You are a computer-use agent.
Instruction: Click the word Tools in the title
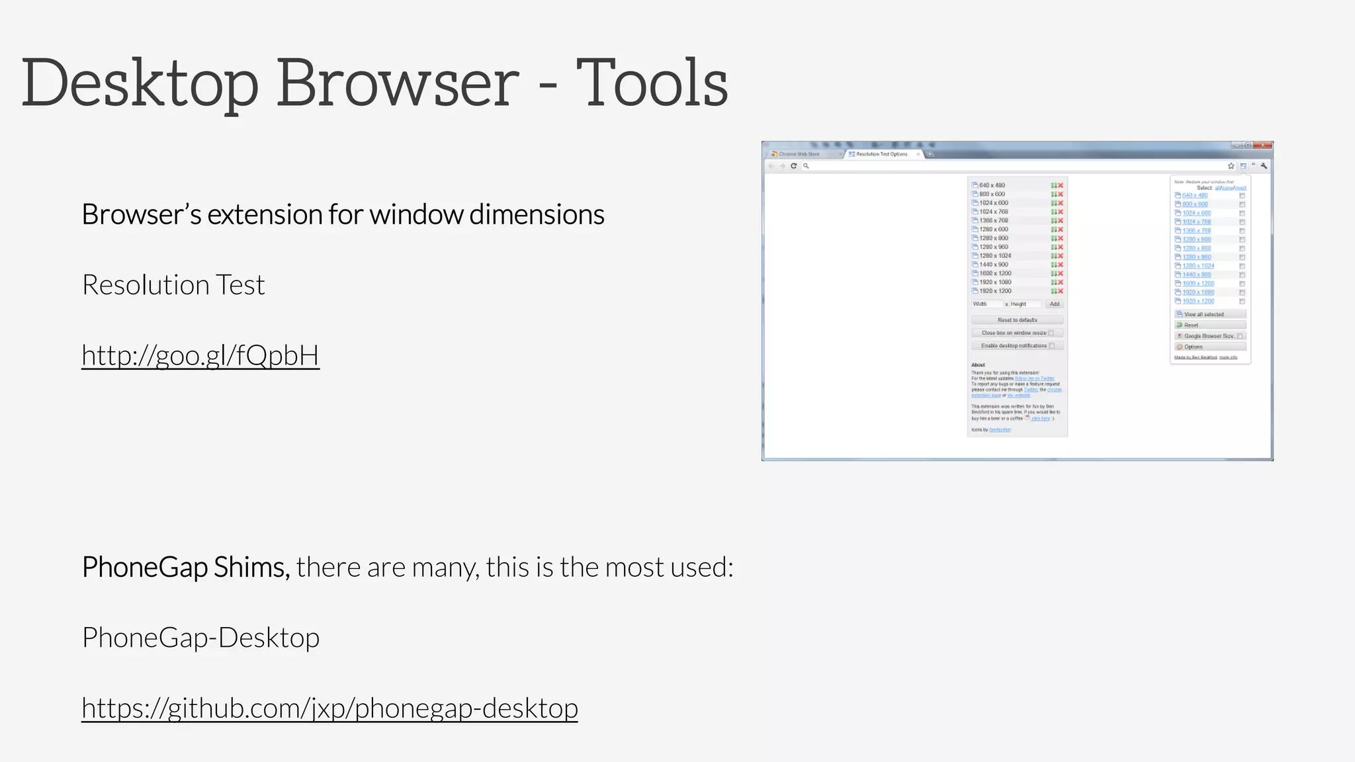(x=652, y=83)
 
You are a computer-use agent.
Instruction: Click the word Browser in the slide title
(x=398, y=83)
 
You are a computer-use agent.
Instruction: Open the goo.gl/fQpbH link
(x=200, y=355)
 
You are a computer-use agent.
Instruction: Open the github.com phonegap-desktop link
(x=329, y=708)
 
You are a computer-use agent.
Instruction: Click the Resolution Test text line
(x=173, y=285)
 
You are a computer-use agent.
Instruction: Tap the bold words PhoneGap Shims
(x=186, y=567)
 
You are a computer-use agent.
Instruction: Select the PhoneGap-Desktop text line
(x=200, y=638)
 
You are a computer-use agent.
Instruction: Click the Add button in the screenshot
(x=1055, y=304)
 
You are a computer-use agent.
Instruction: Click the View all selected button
(x=1209, y=314)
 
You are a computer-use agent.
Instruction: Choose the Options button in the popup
(x=1209, y=347)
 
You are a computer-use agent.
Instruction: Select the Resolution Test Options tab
(x=881, y=154)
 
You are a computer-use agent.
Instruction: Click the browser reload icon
(x=793, y=166)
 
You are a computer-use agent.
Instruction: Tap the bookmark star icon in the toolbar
(x=1231, y=166)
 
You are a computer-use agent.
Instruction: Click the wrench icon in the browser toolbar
(x=1264, y=166)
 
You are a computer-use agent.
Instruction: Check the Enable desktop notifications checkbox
(x=1051, y=346)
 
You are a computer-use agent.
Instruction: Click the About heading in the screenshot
(x=978, y=365)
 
